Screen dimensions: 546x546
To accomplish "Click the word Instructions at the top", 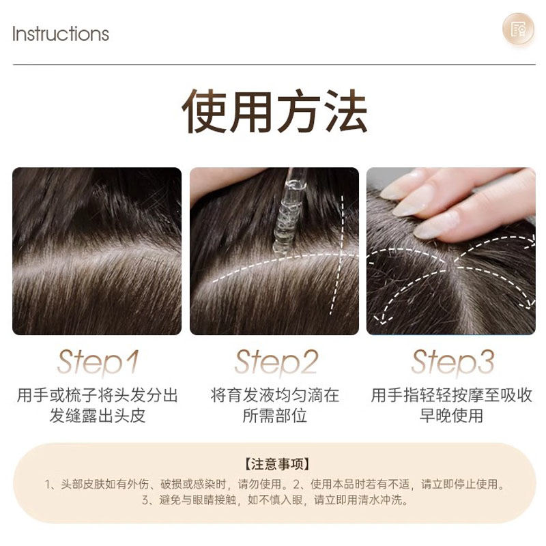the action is pos(61,33).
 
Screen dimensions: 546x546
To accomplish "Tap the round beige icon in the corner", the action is pos(518,29).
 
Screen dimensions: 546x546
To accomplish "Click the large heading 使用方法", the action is pos(274,111).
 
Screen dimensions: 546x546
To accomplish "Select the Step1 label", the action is pos(98,362).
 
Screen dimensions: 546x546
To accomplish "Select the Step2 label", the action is pos(276,362).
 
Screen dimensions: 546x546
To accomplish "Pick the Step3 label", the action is pos(452,362).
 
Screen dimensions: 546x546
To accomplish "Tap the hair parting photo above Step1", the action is pos(97,251).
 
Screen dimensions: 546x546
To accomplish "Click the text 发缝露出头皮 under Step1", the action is pos(97,416).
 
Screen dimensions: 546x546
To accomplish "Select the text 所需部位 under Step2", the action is pos(275,416).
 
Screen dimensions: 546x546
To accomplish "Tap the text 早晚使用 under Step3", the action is pos(451,416).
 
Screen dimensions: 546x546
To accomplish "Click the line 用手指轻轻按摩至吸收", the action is pos(451,395).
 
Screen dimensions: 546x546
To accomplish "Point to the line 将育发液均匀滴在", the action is pos(275,395).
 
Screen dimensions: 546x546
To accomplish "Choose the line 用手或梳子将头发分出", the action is pos(97,395).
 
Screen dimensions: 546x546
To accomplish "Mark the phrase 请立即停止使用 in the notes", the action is pos(459,484).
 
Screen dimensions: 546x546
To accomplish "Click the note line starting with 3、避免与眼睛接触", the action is pos(275,500).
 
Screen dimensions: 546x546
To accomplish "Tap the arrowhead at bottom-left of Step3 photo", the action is pos(382,319).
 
